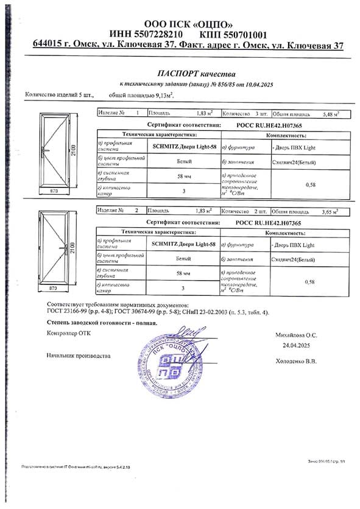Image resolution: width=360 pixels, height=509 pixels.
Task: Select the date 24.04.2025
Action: tap(297, 345)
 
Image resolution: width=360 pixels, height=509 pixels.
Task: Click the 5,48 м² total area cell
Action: tap(330, 113)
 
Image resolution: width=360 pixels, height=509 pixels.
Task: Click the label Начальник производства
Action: tap(78, 356)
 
